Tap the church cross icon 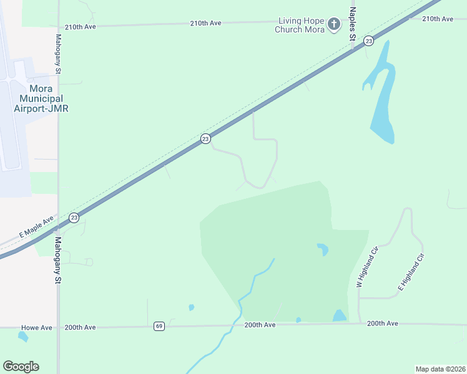[334, 25]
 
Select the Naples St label [353, 24]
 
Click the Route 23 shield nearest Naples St [369, 41]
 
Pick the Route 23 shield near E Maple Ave [74, 217]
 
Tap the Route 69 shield [159, 326]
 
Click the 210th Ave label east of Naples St [437, 19]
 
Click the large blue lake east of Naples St [383, 106]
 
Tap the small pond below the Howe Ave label [23, 337]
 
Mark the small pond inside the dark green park [322, 249]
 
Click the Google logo [21, 367]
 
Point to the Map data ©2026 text [440, 368]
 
